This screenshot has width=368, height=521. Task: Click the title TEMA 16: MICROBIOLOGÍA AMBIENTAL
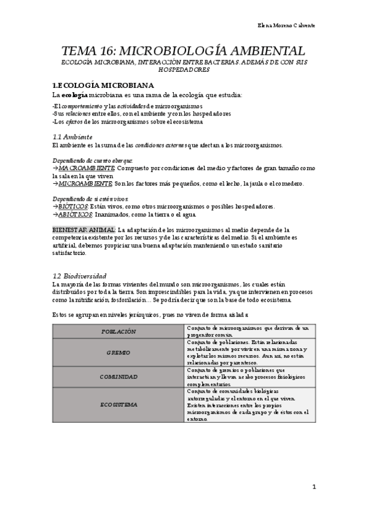coord(183,51)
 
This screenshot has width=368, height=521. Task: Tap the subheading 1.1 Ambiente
coord(72,136)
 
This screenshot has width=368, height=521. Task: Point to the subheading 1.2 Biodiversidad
coord(80,276)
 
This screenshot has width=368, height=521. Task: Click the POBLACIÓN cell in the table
coord(119,331)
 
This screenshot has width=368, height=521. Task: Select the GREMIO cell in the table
coord(119,353)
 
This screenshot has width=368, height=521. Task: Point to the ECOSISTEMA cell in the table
coord(119,405)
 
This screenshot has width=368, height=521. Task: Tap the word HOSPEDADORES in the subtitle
coord(183,70)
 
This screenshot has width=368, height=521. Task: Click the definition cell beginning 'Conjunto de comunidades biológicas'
coord(249,405)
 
